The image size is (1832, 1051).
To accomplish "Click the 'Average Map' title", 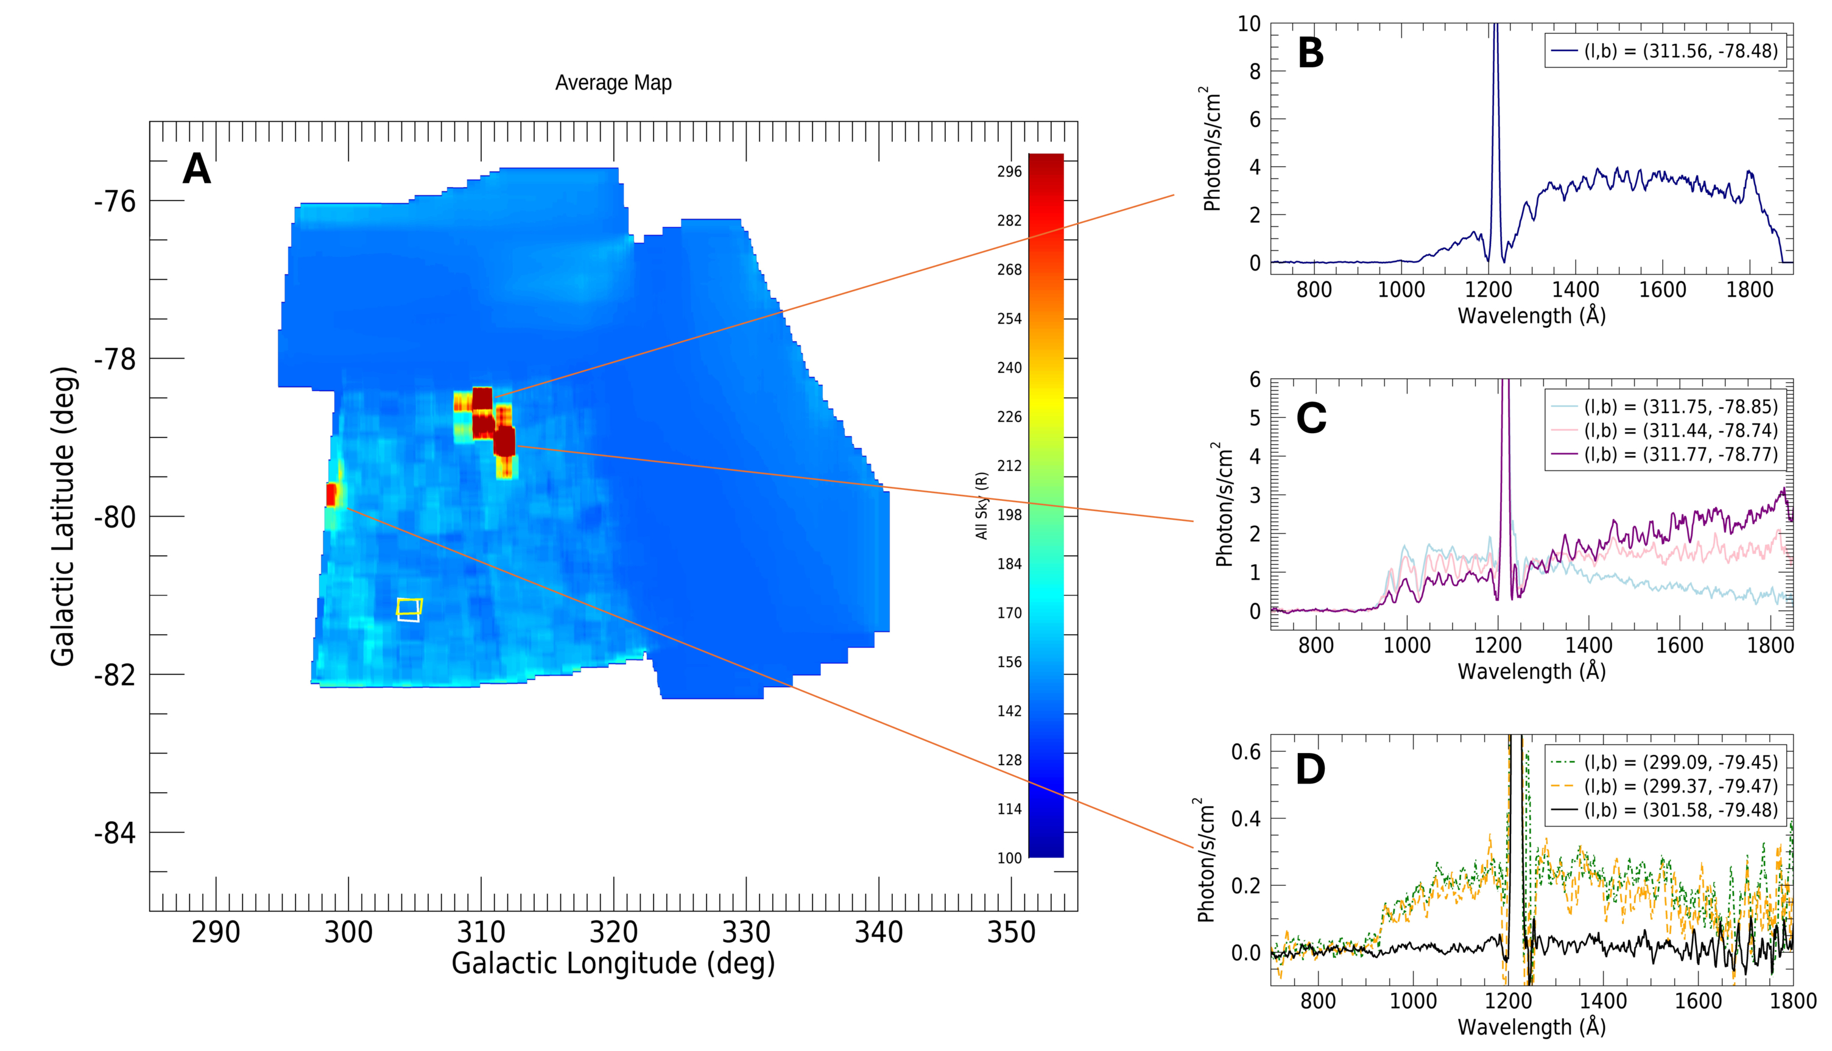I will click(613, 83).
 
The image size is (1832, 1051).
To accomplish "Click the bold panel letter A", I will click(196, 169).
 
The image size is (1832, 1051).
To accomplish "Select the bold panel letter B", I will click(1310, 54).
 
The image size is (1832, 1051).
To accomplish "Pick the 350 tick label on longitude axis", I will click(1011, 933).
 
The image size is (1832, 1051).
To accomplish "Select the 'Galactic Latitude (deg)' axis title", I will click(63, 516).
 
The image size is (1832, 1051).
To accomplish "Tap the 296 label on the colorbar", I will click(1009, 172).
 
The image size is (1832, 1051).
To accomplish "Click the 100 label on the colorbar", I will click(1009, 858).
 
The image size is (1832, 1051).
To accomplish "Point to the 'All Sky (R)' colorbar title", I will click(981, 505).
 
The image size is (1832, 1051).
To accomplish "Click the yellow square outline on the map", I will click(409, 606).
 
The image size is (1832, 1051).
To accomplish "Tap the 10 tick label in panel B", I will click(1249, 24).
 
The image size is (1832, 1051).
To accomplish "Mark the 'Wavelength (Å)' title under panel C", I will click(1531, 671).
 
